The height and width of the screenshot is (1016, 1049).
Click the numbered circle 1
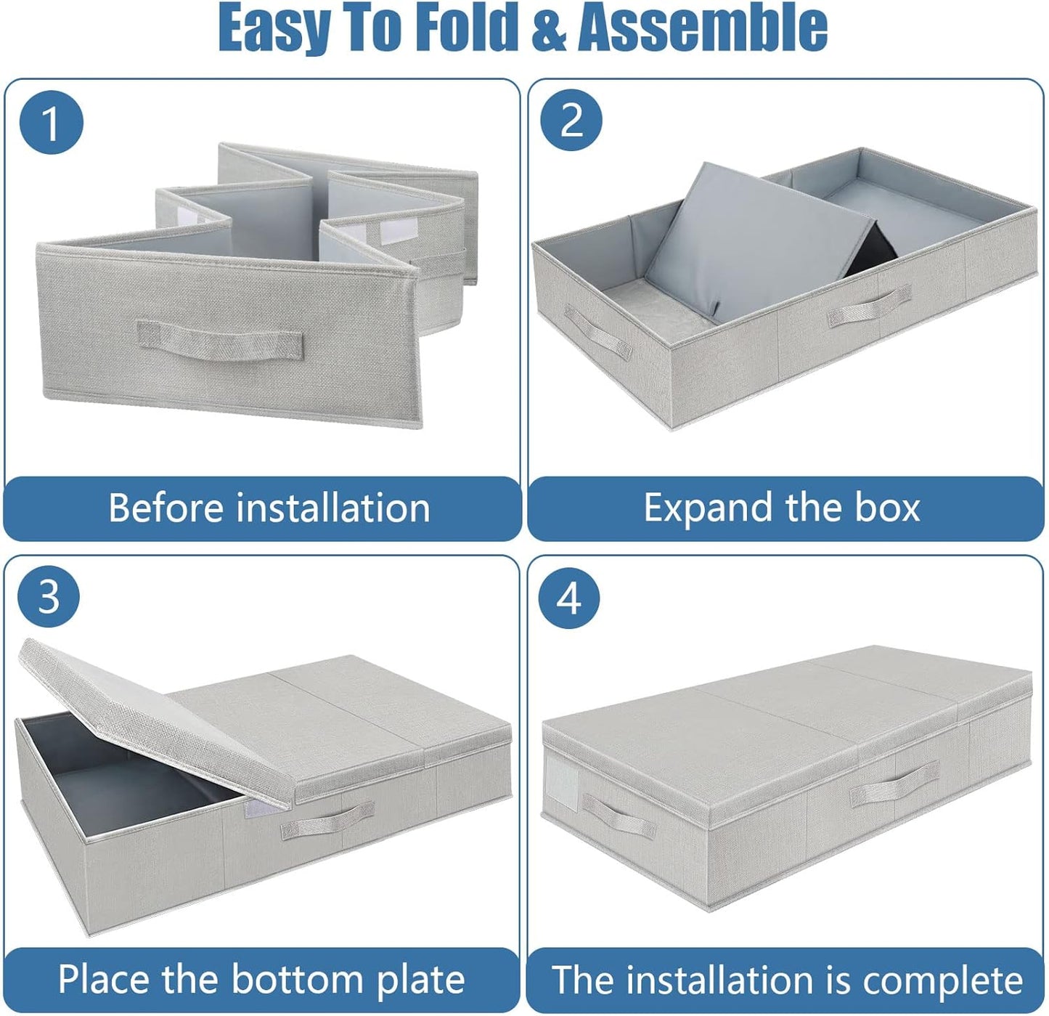(x=51, y=122)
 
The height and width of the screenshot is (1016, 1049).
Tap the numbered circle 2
(x=571, y=120)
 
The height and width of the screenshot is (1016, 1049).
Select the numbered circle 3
(x=49, y=597)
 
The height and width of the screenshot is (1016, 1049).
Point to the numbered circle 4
(x=569, y=598)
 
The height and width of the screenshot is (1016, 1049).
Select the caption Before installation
(x=269, y=508)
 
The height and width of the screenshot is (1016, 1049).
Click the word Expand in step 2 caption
(x=707, y=508)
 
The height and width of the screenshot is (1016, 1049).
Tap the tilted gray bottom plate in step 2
(x=755, y=232)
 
